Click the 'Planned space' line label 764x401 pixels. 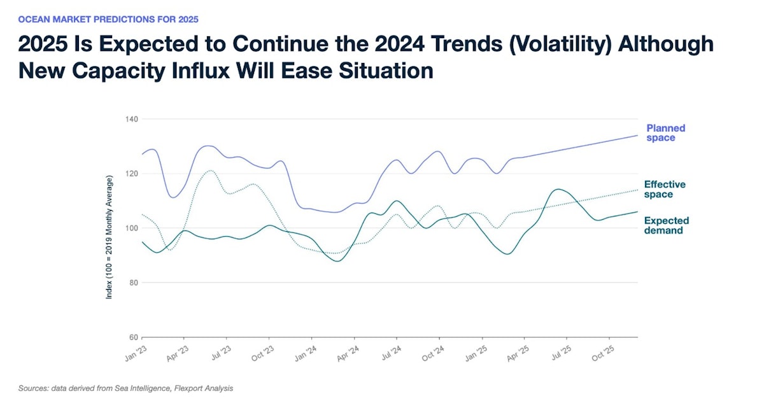(x=666, y=132)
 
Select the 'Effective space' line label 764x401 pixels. (x=665, y=189)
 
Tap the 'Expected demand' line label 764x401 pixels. (x=666, y=225)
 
